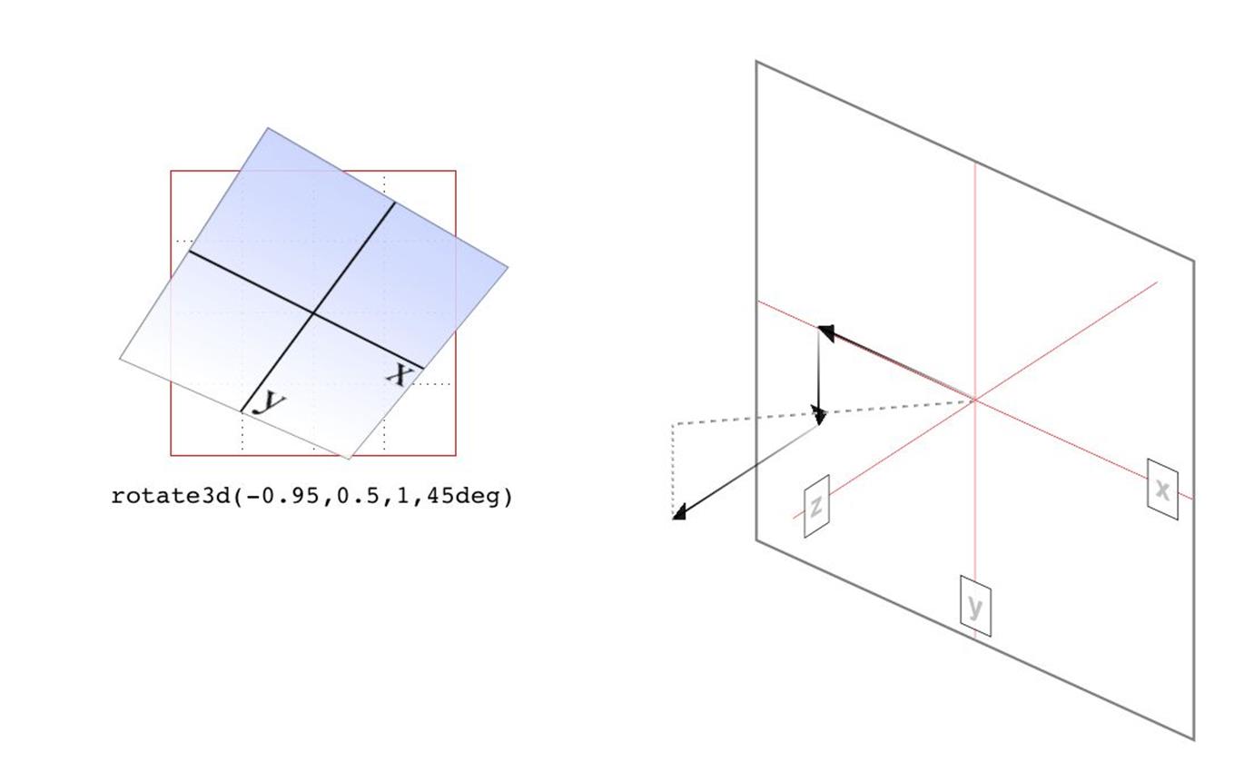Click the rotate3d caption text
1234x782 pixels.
pyautogui.click(x=311, y=497)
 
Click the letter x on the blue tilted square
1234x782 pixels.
pyautogui.click(x=399, y=376)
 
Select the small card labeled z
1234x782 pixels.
pyautogui.click(x=816, y=505)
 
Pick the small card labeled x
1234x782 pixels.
pyautogui.click(x=1162, y=489)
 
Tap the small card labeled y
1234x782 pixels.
pyautogui.click(x=975, y=606)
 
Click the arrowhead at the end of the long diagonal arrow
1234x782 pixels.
pyautogui.click(x=678, y=513)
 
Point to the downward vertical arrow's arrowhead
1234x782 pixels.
pyautogui.click(x=819, y=417)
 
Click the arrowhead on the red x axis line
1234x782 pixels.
pyautogui.click(x=825, y=332)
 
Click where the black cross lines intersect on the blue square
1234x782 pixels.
pyautogui.click(x=313, y=313)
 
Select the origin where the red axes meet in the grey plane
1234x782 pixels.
pyautogui.click(x=975, y=400)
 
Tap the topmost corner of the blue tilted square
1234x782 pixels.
pyautogui.click(x=268, y=128)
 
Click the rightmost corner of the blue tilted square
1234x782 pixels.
pyautogui.click(x=508, y=268)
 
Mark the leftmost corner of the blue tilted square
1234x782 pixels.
pyautogui.click(x=120, y=359)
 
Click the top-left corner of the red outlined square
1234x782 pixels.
pyautogui.click(x=171, y=171)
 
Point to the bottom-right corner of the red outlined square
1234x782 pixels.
pyautogui.click(x=456, y=456)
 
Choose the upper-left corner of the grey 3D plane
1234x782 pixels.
pyautogui.click(x=755, y=61)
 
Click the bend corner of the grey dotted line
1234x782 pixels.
pyautogui.click(x=673, y=424)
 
